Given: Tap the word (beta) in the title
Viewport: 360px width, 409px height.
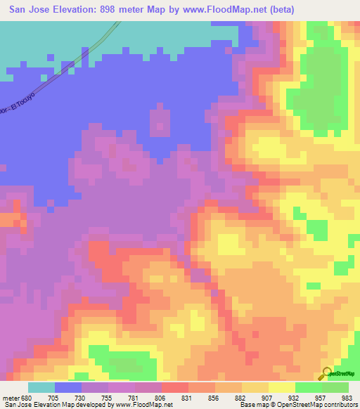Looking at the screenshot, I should (x=278, y=9).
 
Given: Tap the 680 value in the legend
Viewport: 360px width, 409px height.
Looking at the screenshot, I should (x=26, y=397).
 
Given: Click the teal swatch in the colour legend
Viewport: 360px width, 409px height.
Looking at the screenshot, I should (x=41, y=387).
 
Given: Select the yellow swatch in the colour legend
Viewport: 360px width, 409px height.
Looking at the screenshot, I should (x=281, y=387).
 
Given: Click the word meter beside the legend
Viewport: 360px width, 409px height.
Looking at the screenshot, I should (x=9, y=397).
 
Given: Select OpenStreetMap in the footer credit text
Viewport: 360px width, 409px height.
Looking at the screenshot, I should (x=299, y=405).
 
